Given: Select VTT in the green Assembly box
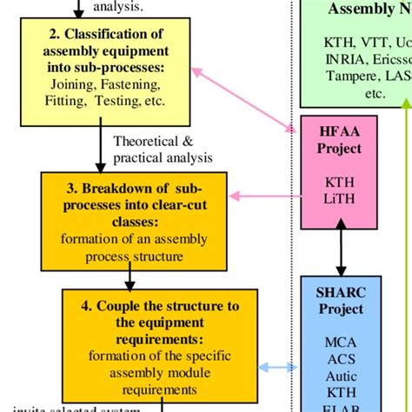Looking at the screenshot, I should [361, 41].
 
